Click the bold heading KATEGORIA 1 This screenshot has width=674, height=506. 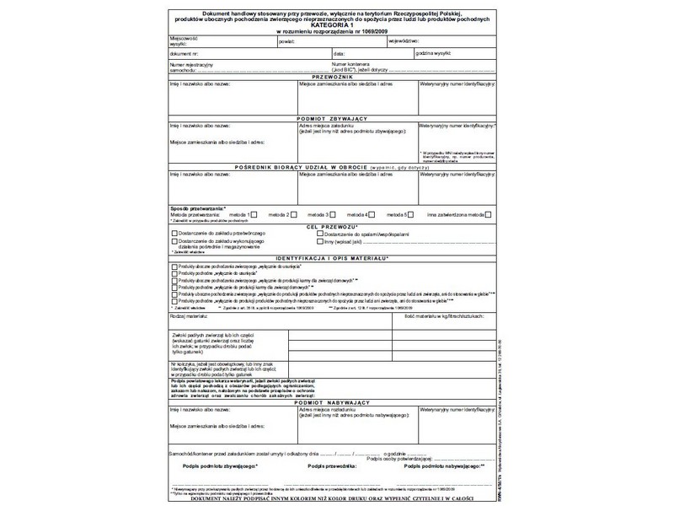(332, 26)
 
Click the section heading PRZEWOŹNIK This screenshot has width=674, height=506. (332, 77)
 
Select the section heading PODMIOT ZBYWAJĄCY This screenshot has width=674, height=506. (332, 119)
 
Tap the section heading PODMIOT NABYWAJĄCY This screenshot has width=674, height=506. (332, 403)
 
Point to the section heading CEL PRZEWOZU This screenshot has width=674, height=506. (332, 226)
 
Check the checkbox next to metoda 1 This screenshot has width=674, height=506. (254, 215)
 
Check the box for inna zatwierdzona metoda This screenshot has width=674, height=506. (487, 215)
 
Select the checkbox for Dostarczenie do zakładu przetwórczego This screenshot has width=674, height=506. (174, 233)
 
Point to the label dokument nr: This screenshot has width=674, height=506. (185, 52)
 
